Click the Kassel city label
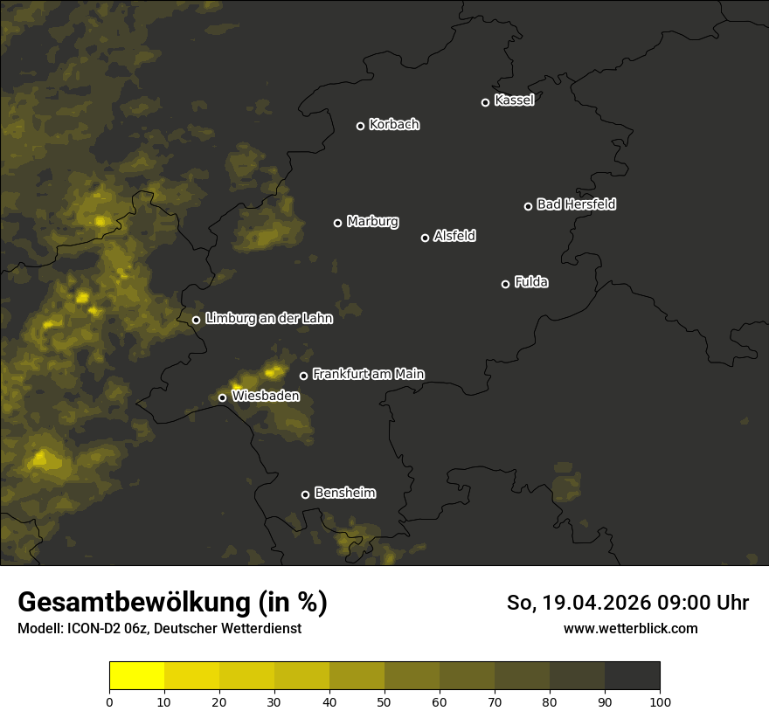tap(514, 100)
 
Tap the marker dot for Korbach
tap(360, 126)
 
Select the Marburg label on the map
tap(372, 222)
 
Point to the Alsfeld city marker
tap(426, 238)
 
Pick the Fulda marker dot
tap(505, 284)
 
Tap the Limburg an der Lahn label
tap(268, 319)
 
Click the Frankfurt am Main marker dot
tap(304, 376)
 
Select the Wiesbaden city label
tap(266, 397)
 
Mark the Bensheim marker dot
tap(305, 494)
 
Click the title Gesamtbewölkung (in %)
tap(172, 603)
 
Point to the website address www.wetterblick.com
tap(630, 628)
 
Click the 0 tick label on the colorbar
tap(109, 701)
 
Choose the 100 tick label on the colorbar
tap(660, 701)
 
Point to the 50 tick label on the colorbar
tap(384, 701)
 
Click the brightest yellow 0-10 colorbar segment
tap(137, 676)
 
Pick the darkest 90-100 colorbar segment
tap(632, 676)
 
